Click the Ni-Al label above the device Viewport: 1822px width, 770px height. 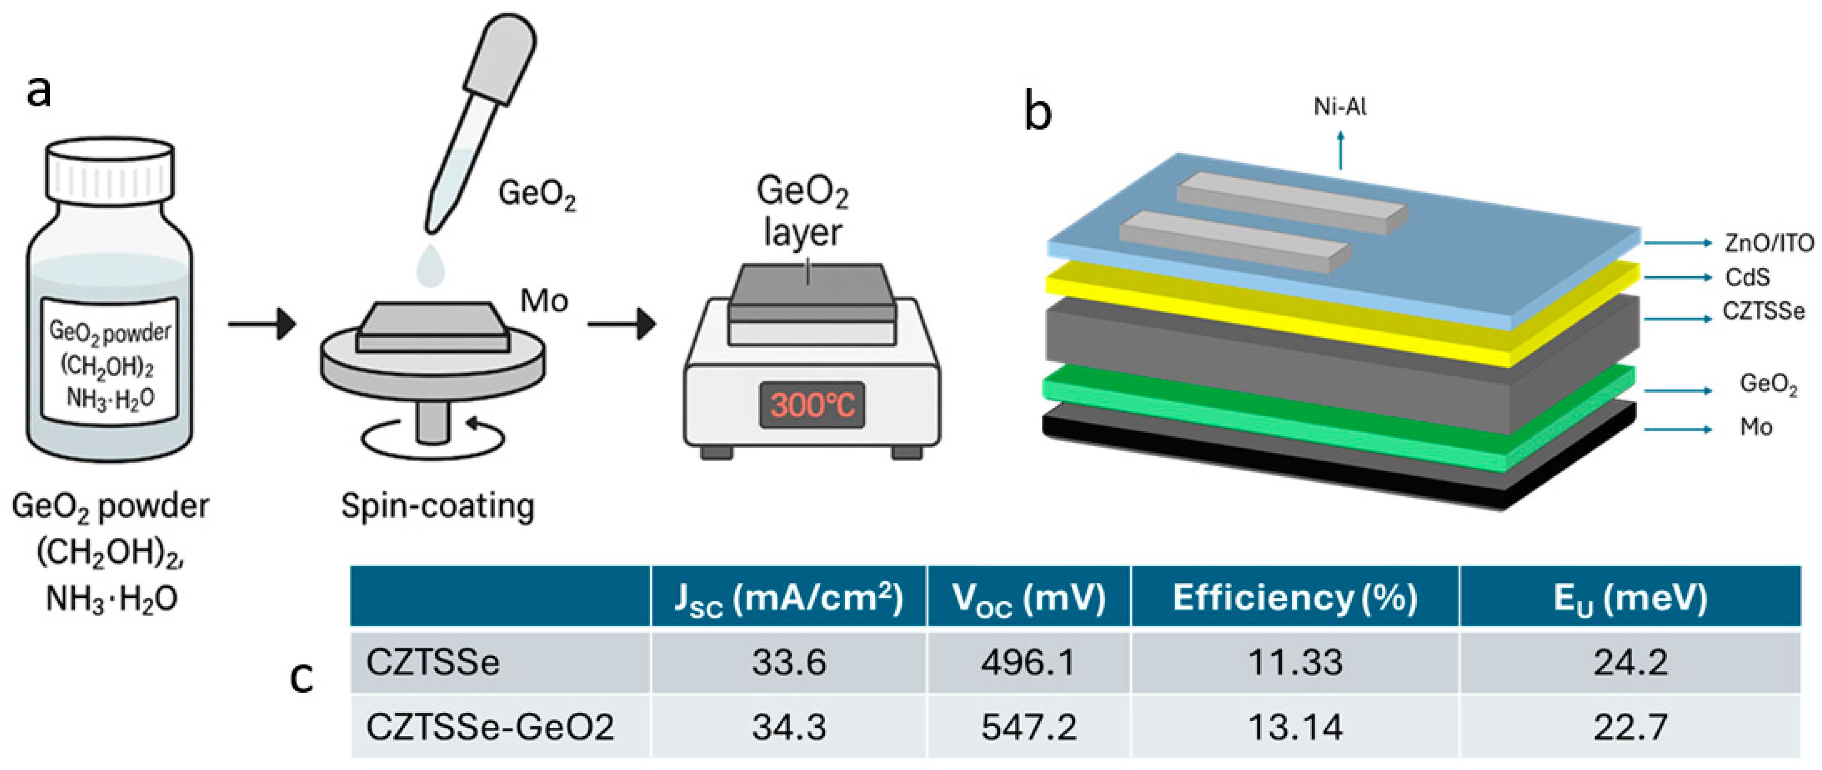click(1339, 107)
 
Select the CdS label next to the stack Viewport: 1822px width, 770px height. click(1747, 277)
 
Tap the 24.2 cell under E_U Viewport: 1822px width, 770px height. click(1630, 663)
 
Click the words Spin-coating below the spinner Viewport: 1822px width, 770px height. click(437, 507)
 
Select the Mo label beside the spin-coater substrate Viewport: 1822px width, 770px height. click(544, 301)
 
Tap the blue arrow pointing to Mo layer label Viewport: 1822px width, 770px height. click(1677, 429)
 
